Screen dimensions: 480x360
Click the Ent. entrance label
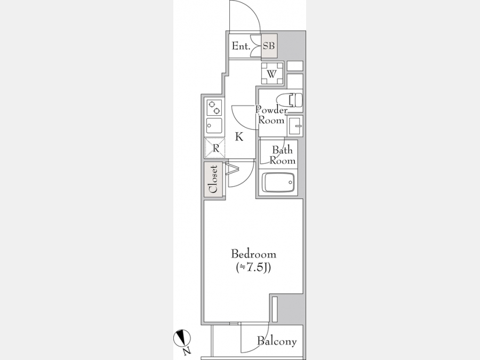point(241,46)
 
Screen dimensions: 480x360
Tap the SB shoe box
point(269,46)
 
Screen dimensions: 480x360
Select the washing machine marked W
point(272,73)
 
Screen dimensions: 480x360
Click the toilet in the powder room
point(289,100)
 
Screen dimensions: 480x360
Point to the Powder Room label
point(271,115)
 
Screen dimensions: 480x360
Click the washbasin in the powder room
point(295,125)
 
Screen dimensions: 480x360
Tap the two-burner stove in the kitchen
point(214,107)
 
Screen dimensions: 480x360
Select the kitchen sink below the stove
point(214,125)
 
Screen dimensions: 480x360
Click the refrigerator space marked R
point(215,148)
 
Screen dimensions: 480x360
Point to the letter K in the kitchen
point(239,137)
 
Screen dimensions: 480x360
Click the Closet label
point(213,179)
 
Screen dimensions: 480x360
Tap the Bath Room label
point(282,155)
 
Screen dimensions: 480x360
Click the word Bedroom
point(253,254)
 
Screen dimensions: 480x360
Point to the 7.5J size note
point(253,268)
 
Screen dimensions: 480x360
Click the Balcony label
point(277,341)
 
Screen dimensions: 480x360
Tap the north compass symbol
point(182,339)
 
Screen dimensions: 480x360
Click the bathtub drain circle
point(290,182)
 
